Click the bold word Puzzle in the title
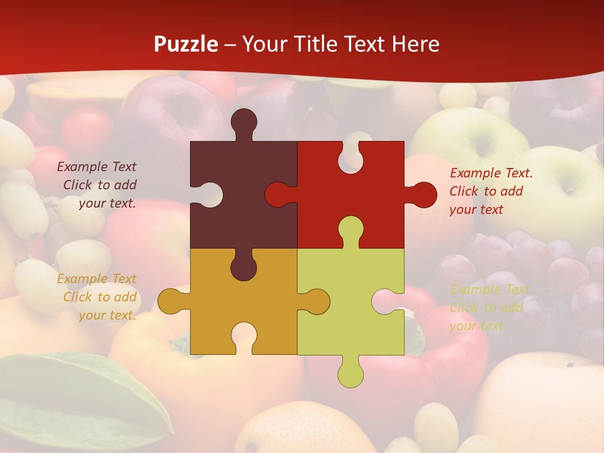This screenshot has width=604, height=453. click(x=186, y=44)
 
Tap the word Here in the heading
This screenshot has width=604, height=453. click(x=416, y=44)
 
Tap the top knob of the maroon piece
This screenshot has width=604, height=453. click(x=243, y=121)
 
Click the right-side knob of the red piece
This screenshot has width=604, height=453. click(x=423, y=194)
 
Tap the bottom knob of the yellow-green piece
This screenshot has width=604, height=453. click(x=350, y=374)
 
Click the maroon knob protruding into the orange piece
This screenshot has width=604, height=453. click(x=243, y=267)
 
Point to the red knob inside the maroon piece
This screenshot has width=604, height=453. click(x=277, y=194)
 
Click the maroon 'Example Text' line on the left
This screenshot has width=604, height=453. click(x=96, y=167)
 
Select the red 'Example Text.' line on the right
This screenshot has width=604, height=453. click(x=491, y=173)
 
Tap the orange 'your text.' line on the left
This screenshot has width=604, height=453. click(x=107, y=315)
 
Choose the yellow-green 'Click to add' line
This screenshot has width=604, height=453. click(x=486, y=308)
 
